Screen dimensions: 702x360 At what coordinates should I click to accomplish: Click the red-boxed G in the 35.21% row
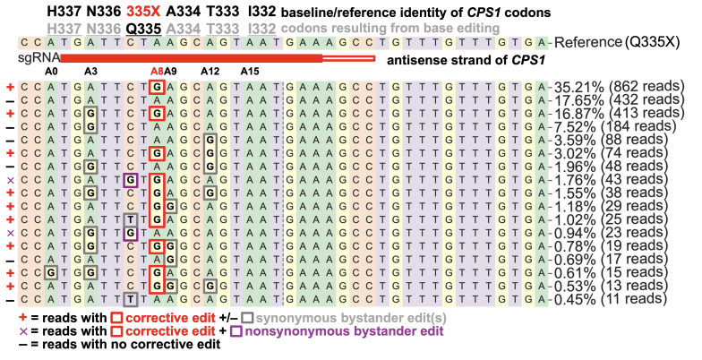(157, 87)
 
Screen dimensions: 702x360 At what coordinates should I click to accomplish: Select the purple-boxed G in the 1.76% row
(131, 180)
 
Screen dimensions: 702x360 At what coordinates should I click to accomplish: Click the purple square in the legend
(238, 331)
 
